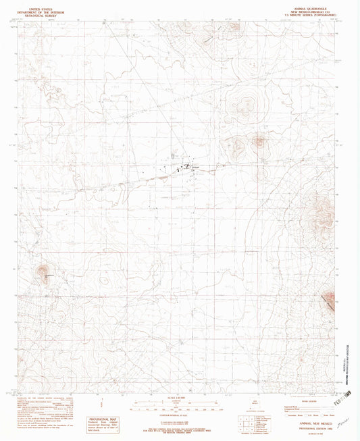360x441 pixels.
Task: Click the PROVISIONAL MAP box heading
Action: click(105, 400)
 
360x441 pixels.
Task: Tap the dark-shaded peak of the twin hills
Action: click(259, 142)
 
